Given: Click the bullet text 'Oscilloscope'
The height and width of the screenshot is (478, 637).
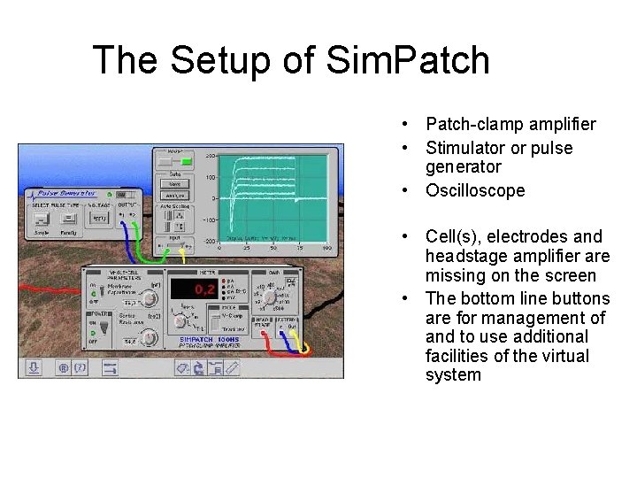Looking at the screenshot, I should point(474,190).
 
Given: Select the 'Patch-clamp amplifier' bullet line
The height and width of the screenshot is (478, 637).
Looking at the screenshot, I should point(510,125).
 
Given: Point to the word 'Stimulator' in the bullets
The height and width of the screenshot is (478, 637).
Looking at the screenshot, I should point(464,148).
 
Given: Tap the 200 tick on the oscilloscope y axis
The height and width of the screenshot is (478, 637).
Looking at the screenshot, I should point(212,157).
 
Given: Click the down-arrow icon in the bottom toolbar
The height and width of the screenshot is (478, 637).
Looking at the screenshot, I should point(33,366).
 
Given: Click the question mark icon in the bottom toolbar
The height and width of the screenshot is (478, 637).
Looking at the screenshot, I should point(80,366).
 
